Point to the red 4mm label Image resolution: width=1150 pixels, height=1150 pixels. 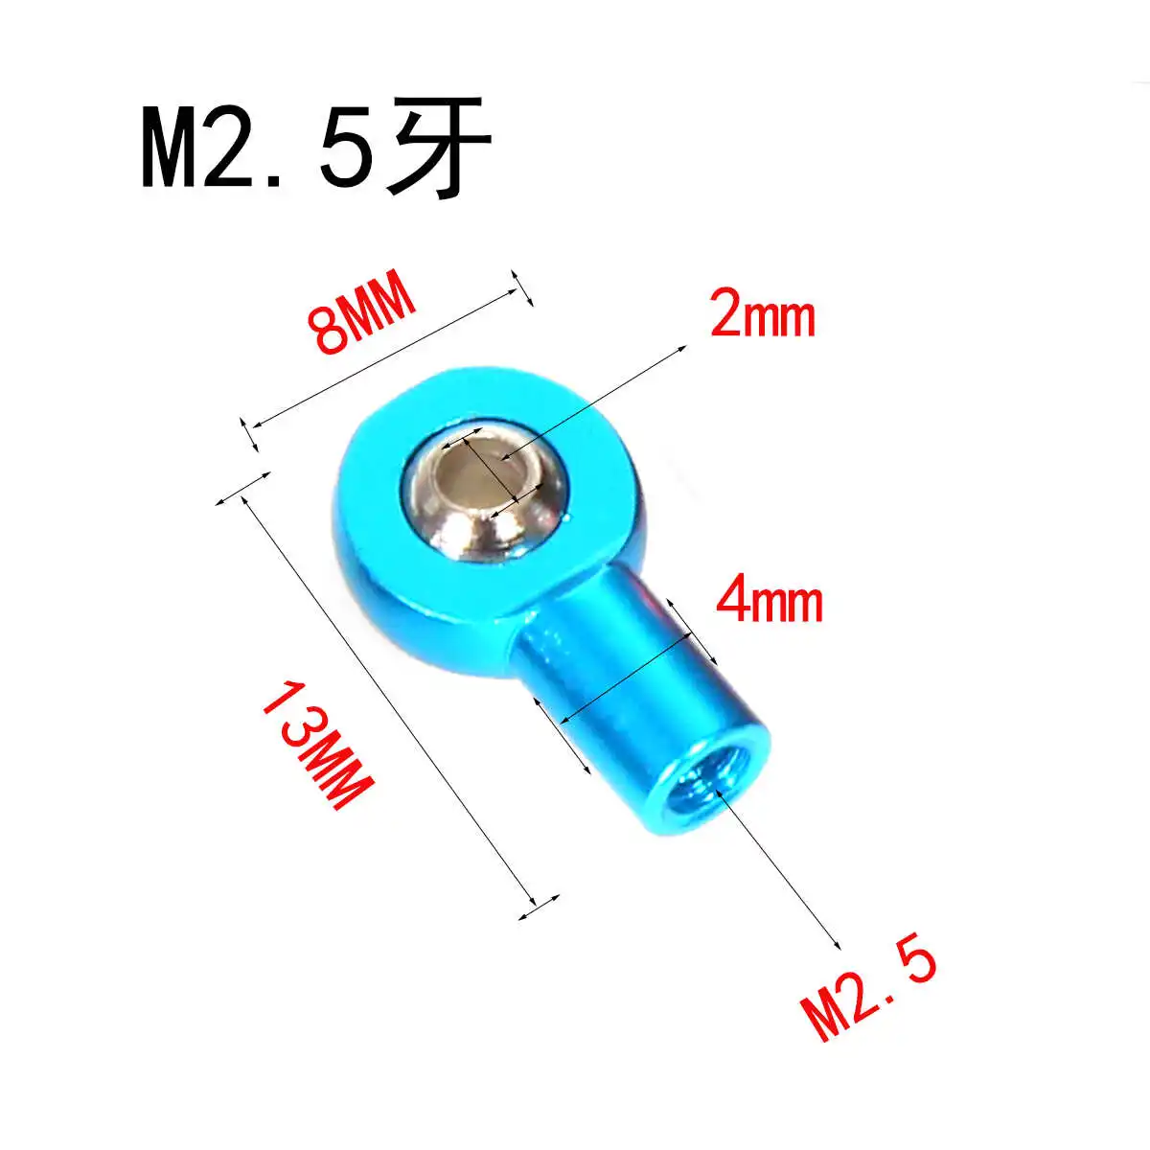[x=770, y=603]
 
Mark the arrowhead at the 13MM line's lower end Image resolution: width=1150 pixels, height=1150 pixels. [x=532, y=901]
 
